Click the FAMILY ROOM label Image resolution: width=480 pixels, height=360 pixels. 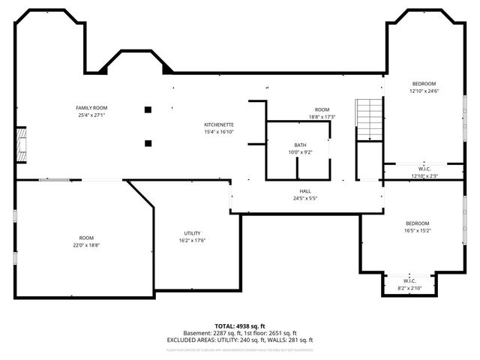[91, 108]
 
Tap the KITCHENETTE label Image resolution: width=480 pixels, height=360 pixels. [219, 124]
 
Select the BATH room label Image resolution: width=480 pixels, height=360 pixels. [299, 145]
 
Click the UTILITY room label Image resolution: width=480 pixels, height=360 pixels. [192, 233]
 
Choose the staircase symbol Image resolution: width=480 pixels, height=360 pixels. [370, 119]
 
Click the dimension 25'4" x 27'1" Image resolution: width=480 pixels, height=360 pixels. [91, 115]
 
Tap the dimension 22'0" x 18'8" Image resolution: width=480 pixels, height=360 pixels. [86, 245]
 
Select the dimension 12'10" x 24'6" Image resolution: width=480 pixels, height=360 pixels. [423, 91]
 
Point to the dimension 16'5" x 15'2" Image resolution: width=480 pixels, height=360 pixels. [417, 231]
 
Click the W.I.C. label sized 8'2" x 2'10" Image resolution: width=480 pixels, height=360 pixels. [409, 281]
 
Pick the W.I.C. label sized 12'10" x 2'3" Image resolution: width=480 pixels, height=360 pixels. [424, 169]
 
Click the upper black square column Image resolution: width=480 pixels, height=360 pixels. [148, 109]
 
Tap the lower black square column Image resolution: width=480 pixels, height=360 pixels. [148, 142]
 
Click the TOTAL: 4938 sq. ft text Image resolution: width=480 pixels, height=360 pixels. [239, 325]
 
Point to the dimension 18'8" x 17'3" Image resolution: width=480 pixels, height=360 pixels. [322, 117]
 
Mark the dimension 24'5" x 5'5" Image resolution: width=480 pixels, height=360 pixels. [306, 199]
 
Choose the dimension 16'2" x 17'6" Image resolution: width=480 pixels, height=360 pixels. [192, 241]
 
